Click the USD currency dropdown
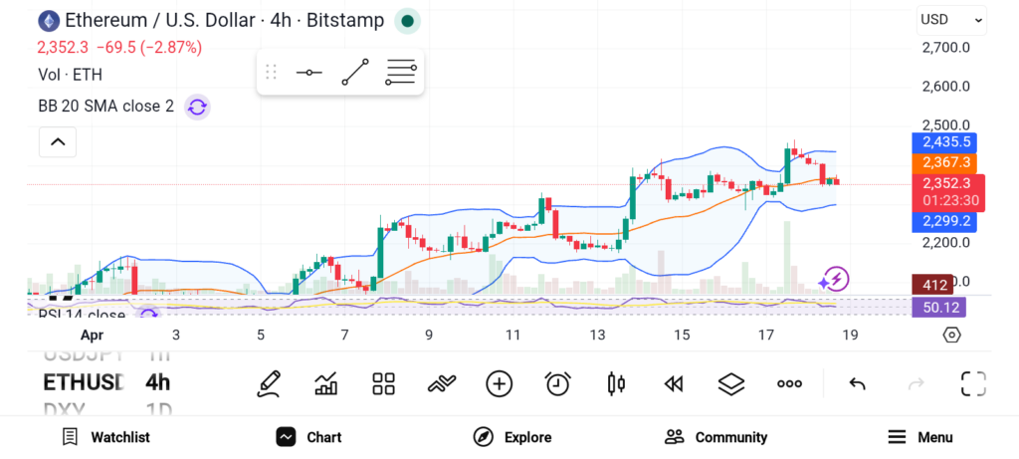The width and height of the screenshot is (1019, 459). [950, 19]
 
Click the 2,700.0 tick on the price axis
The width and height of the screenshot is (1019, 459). [945, 48]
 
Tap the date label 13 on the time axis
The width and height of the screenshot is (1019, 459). [597, 335]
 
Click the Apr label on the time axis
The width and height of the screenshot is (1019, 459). [92, 335]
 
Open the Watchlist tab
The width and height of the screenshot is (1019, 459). [105, 437]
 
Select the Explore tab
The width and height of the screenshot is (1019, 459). [512, 437]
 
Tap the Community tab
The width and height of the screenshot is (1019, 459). [716, 437]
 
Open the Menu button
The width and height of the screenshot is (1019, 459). [920, 437]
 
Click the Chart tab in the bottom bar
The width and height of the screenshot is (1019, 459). [309, 437]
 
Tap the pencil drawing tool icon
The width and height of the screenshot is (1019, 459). [268, 383]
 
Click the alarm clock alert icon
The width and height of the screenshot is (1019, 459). [558, 383]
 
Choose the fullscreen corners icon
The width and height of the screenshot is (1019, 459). [972, 383]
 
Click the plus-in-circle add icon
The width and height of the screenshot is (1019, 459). [499, 383]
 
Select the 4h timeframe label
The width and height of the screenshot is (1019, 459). [157, 382]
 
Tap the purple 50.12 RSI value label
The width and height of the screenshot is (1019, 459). [939, 307]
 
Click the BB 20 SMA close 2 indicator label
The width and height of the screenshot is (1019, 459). [105, 107]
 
